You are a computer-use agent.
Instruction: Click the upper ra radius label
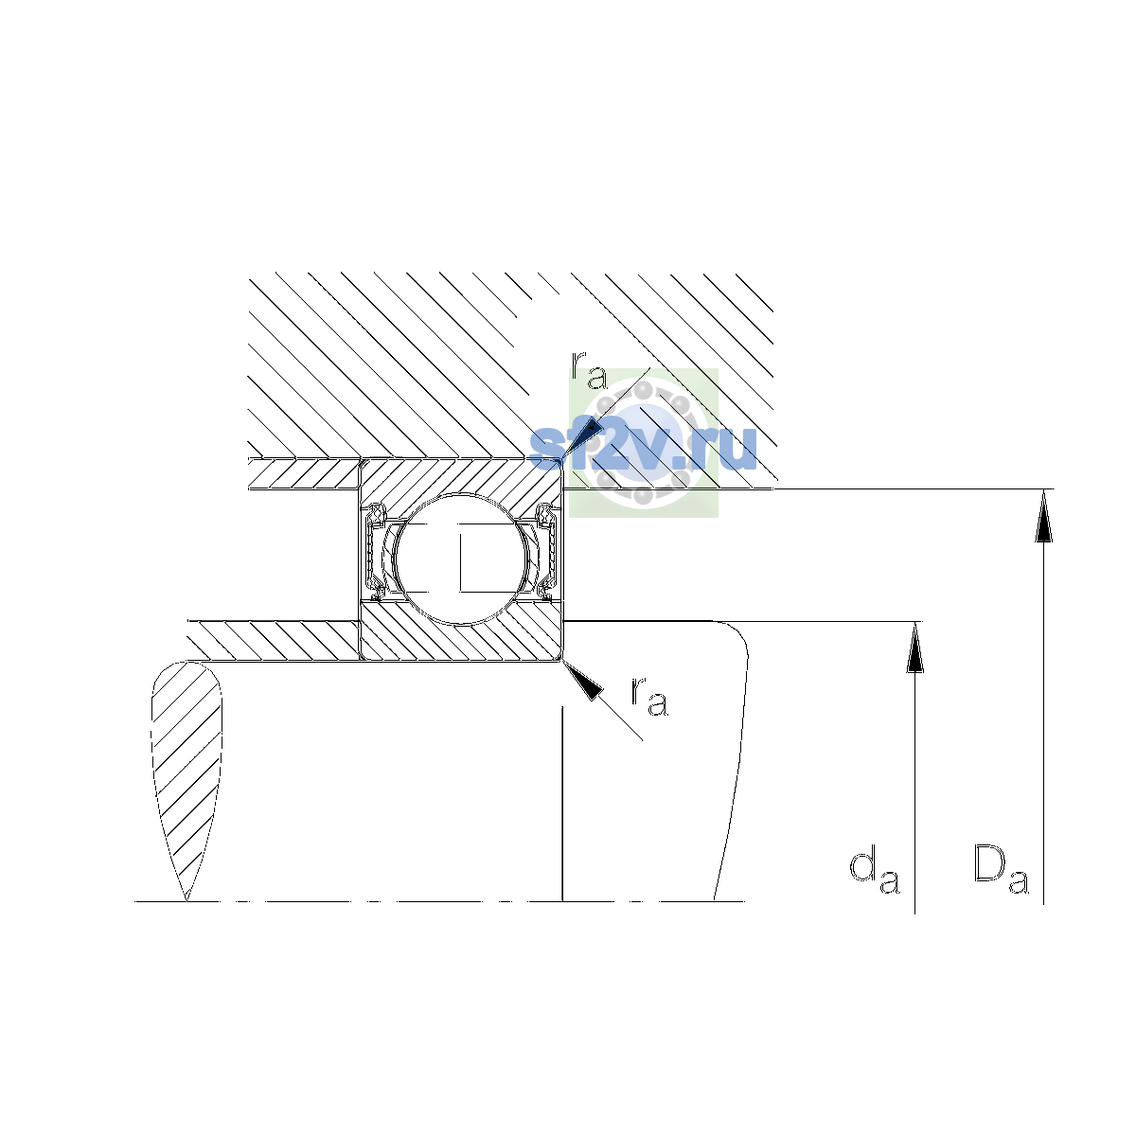click(590, 370)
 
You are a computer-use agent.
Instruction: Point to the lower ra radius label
click(649, 696)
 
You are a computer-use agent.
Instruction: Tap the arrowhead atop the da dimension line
click(914, 647)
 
